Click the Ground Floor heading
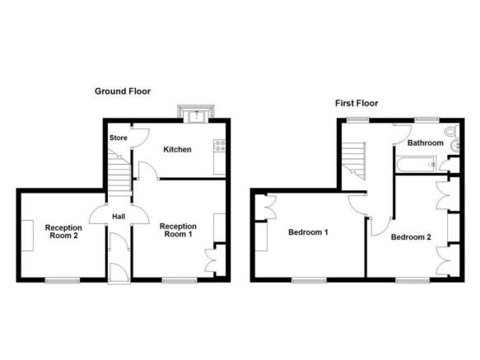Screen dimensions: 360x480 [x=122, y=91]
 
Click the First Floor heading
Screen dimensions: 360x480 [x=357, y=103]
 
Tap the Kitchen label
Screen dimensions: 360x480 [x=177, y=150]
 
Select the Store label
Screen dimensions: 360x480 [x=118, y=138]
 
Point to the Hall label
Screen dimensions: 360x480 [x=119, y=217]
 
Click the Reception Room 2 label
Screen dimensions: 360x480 [x=63, y=232]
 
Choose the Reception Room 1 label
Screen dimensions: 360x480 [x=177, y=230]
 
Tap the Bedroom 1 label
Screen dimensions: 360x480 [x=308, y=232]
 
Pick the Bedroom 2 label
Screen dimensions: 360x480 [x=411, y=238]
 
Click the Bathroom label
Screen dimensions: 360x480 [x=426, y=143]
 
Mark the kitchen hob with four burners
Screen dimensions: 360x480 [x=220, y=147]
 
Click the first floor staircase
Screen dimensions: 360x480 [x=354, y=158]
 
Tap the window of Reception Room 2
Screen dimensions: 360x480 [x=63, y=281]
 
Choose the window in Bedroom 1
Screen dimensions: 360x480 [x=308, y=281]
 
